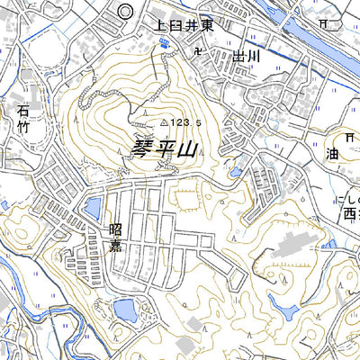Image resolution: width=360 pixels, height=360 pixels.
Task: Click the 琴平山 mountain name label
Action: point(164,149)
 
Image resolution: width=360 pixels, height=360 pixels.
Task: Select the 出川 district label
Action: point(246,57)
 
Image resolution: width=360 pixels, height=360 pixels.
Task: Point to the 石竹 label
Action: point(23,120)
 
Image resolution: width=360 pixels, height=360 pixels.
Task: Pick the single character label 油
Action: point(334,154)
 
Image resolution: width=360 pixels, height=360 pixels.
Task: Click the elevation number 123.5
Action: point(184,121)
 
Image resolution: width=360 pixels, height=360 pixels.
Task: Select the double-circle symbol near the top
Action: point(125,11)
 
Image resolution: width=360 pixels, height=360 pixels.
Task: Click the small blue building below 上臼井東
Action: point(163,41)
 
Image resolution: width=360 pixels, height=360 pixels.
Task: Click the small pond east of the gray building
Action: point(329,243)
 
